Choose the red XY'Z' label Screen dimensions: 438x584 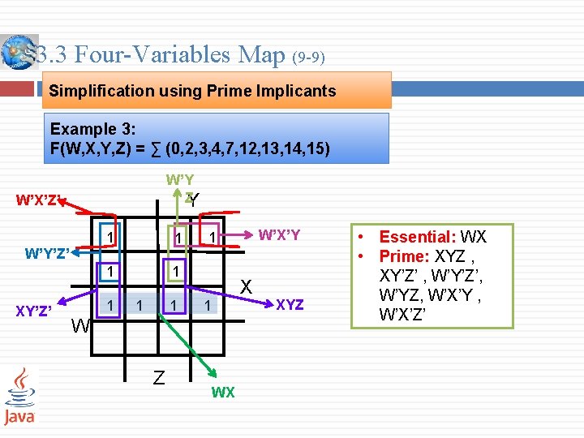35,309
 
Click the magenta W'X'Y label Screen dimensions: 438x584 279,235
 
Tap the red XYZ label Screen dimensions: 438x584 290,305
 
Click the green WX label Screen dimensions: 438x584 223,393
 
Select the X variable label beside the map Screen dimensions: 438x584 246,286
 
